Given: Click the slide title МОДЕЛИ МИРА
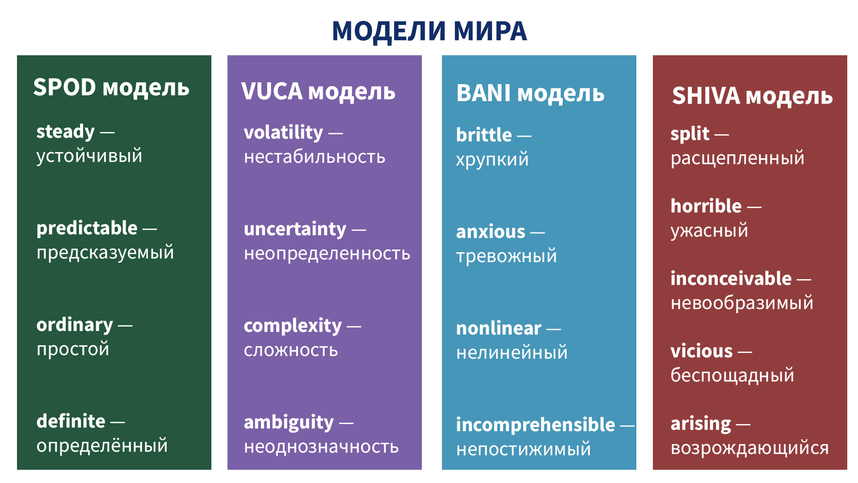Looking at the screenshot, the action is [429, 31].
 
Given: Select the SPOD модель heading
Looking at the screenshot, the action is [111, 87].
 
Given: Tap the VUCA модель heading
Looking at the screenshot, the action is [318, 92].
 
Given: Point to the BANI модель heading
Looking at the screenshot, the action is [530, 93].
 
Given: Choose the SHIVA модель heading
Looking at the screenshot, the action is [752, 96].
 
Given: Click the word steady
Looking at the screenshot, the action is [66, 132].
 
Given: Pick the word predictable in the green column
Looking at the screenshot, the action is [87, 228].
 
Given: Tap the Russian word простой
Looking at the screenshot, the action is [73, 349].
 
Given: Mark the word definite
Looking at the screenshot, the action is [71, 421].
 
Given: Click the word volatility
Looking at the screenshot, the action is [283, 133].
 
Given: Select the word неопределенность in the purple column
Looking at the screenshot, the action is [327, 254].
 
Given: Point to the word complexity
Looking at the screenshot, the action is [293, 326].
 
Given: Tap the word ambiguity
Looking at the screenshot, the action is [289, 423].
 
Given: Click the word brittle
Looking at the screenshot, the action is [484, 135].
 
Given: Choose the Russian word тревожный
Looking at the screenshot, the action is [507, 256].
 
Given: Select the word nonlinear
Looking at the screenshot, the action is [499, 329].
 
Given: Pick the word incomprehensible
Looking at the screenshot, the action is [535, 425].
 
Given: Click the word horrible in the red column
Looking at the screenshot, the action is [706, 206].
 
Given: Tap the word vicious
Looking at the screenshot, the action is [702, 351].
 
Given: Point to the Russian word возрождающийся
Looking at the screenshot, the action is [750, 448].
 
